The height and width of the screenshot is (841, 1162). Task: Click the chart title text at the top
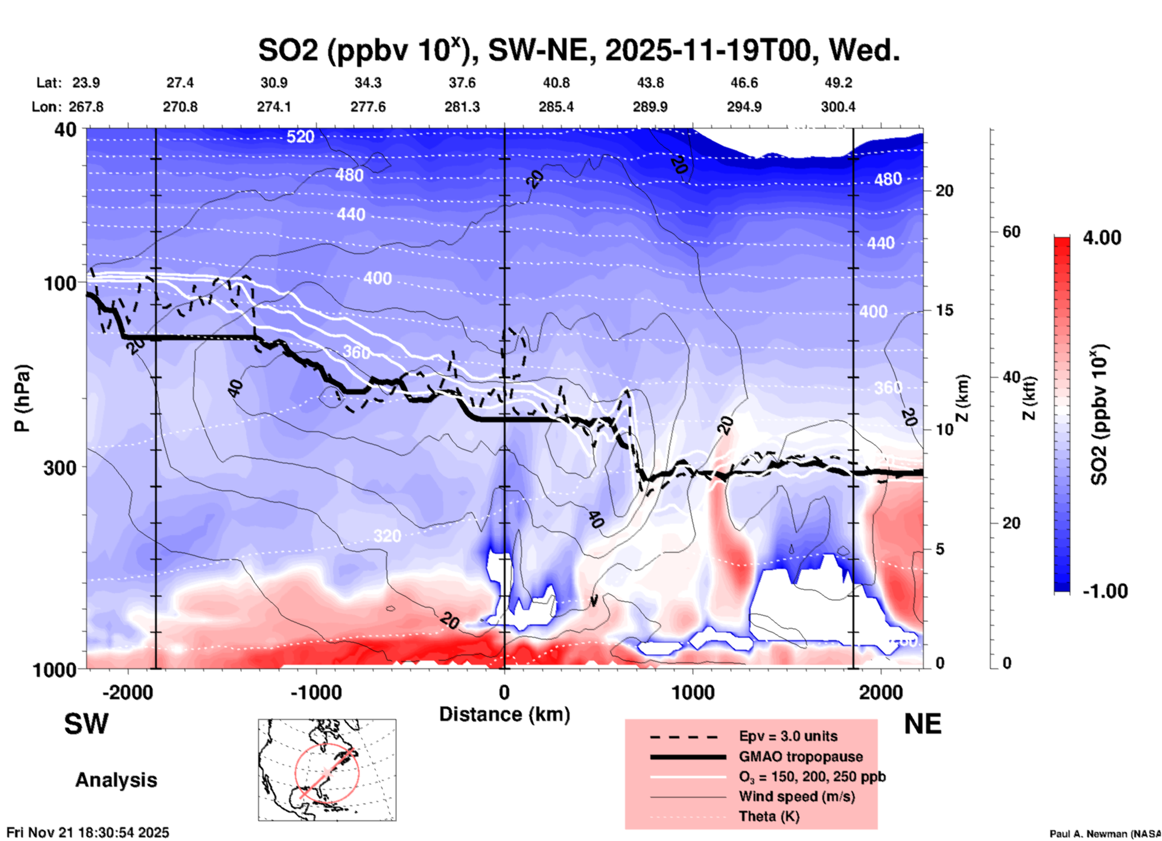[x=579, y=49]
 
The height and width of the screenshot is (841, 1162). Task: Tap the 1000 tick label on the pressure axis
[x=53, y=670]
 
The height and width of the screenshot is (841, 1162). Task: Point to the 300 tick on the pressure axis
[x=60, y=468]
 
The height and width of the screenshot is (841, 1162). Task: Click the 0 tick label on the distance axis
[x=504, y=693]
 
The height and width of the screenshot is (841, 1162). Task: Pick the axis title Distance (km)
[x=504, y=714]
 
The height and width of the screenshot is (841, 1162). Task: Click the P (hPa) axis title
[x=22, y=398]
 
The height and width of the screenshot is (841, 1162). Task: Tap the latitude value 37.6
[x=462, y=83]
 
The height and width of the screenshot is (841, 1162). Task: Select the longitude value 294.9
[x=744, y=107]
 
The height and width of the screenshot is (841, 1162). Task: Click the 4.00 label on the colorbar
[x=1102, y=238]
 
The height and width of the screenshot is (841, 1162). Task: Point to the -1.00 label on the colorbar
[x=1104, y=591]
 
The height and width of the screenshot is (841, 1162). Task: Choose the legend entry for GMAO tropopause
[x=801, y=757]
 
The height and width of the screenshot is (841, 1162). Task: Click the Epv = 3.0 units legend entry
[x=788, y=737]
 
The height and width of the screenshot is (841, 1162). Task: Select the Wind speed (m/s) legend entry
[x=796, y=797]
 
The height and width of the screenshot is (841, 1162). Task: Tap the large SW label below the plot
[x=86, y=725]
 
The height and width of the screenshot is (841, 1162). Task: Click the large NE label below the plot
[x=922, y=725]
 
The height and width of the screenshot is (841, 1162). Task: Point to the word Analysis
[x=116, y=780]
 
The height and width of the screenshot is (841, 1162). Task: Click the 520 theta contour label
[x=300, y=137]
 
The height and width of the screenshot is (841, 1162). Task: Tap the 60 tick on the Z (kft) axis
[x=1011, y=232]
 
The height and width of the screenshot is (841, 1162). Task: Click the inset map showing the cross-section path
[x=327, y=770]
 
